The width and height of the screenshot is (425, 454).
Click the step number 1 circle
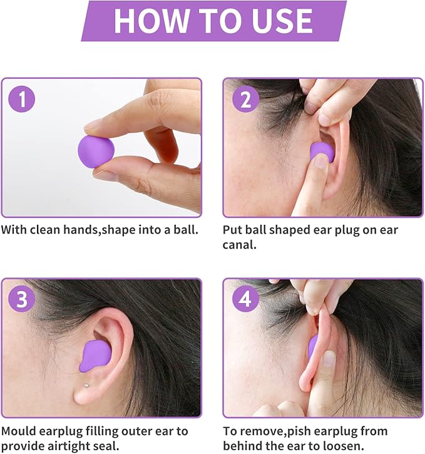(x=23, y=100)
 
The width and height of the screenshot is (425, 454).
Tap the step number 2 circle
(x=245, y=100)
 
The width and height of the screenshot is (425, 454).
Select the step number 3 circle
(x=23, y=299)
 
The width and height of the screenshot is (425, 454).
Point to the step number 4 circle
(x=245, y=299)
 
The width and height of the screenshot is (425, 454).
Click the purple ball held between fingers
(x=96, y=151)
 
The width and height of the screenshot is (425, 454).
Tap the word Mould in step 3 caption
(x=20, y=431)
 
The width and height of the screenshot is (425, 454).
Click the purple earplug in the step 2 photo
(x=321, y=152)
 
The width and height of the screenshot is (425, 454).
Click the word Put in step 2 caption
(x=232, y=230)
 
